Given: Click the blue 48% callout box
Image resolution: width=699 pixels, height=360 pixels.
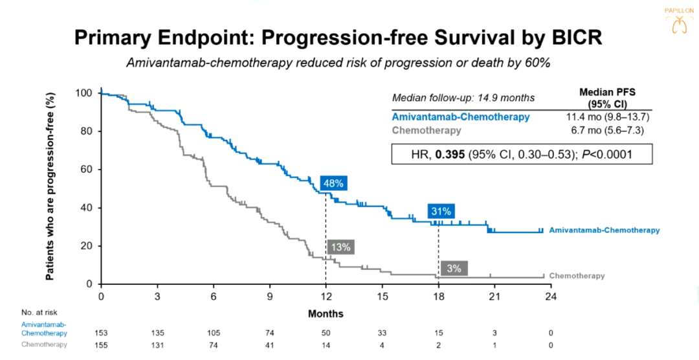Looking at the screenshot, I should [x=333, y=183].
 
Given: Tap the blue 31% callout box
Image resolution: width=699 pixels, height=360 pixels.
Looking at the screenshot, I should [x=441, y=211].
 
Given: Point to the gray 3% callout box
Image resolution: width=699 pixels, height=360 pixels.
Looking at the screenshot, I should [x=454, y=268].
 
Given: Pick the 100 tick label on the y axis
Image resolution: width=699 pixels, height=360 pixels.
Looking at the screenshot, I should [x=84, y=93].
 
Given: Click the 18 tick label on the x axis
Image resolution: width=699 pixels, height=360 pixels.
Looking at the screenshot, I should [x=438, y=297].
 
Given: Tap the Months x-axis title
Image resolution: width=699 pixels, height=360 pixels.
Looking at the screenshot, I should [x=326, y=313].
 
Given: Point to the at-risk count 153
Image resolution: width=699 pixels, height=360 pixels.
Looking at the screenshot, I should [x=101, y=333].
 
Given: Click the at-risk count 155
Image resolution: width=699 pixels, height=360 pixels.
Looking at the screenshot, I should [x=101, y=344].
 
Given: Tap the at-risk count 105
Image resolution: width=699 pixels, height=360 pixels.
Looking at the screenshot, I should [x=214, y=333].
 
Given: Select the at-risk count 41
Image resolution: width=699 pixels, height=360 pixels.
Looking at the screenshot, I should [x=270, y=344].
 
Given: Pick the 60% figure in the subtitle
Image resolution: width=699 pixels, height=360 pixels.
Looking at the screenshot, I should [x=537, y=62].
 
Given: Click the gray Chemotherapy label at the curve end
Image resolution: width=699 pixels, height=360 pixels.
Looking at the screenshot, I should [x=577, y=276].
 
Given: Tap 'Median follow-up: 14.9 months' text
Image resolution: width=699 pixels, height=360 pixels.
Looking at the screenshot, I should [x=463, y=98].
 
